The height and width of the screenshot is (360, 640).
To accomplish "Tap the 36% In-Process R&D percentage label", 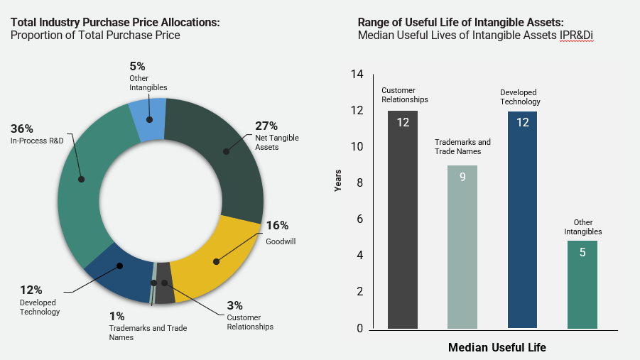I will point(22,129).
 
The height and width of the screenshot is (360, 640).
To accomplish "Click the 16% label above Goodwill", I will point(277,226).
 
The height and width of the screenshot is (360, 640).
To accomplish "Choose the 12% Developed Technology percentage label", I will point(31,290).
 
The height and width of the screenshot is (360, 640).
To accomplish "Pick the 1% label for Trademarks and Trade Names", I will point(117,315).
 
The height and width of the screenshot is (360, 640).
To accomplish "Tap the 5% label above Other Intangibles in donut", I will point(139,66).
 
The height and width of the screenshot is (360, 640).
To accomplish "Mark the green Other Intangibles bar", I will point(582,284).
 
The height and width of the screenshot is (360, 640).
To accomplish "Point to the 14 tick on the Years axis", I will point(357,75).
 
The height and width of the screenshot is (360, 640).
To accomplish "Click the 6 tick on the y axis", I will point(360,219).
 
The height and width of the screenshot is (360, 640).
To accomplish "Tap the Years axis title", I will point(339,180).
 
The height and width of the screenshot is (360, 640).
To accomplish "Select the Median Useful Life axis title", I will point(497,348).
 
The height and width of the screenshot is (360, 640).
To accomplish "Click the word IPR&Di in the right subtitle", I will point(576,36).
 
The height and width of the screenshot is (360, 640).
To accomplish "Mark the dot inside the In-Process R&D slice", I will point(82,179).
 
